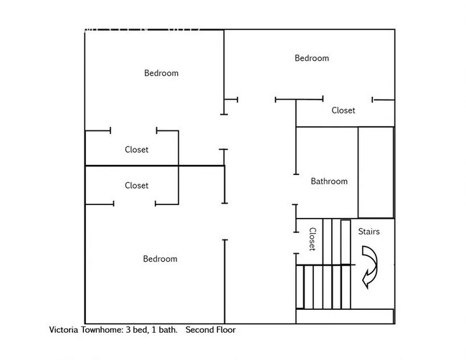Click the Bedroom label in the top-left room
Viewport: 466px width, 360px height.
point(161,73)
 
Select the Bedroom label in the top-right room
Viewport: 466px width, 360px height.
point(312,58)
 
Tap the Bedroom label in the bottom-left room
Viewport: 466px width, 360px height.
point(160,259)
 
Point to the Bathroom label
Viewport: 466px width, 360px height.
point(329,181)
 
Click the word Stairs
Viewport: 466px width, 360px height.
point(368,232)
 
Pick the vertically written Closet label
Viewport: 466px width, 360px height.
point(312,240)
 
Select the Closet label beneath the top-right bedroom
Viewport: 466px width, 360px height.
point(343,110)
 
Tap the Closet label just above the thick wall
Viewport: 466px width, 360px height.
point(137,150)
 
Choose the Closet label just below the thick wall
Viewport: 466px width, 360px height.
point(137,185)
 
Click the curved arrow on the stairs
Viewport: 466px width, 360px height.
point(371,266)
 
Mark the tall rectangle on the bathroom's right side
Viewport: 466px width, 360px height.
point(376,172)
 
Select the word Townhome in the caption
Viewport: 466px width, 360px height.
point(105,331)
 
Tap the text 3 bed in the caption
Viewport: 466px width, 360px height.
point(142,331)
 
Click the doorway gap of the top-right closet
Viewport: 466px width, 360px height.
point(347,100)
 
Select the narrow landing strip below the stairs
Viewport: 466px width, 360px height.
point(345,316)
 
